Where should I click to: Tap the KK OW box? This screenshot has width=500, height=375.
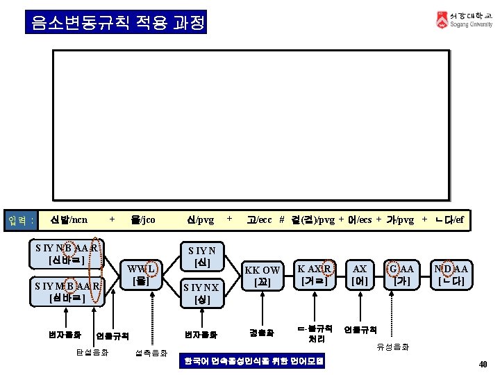click(x=262, y=275)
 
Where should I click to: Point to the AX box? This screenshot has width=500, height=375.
click(x=360, y=274)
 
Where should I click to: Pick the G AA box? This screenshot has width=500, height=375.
click(x=402, y=274)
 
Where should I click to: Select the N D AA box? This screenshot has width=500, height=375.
click(x=451, y=274)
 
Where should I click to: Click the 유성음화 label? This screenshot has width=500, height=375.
click(x=393, y=346)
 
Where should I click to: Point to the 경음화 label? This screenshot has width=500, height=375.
click(x=262, y=333)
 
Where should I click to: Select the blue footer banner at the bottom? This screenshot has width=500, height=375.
click(x=251, y=362)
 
